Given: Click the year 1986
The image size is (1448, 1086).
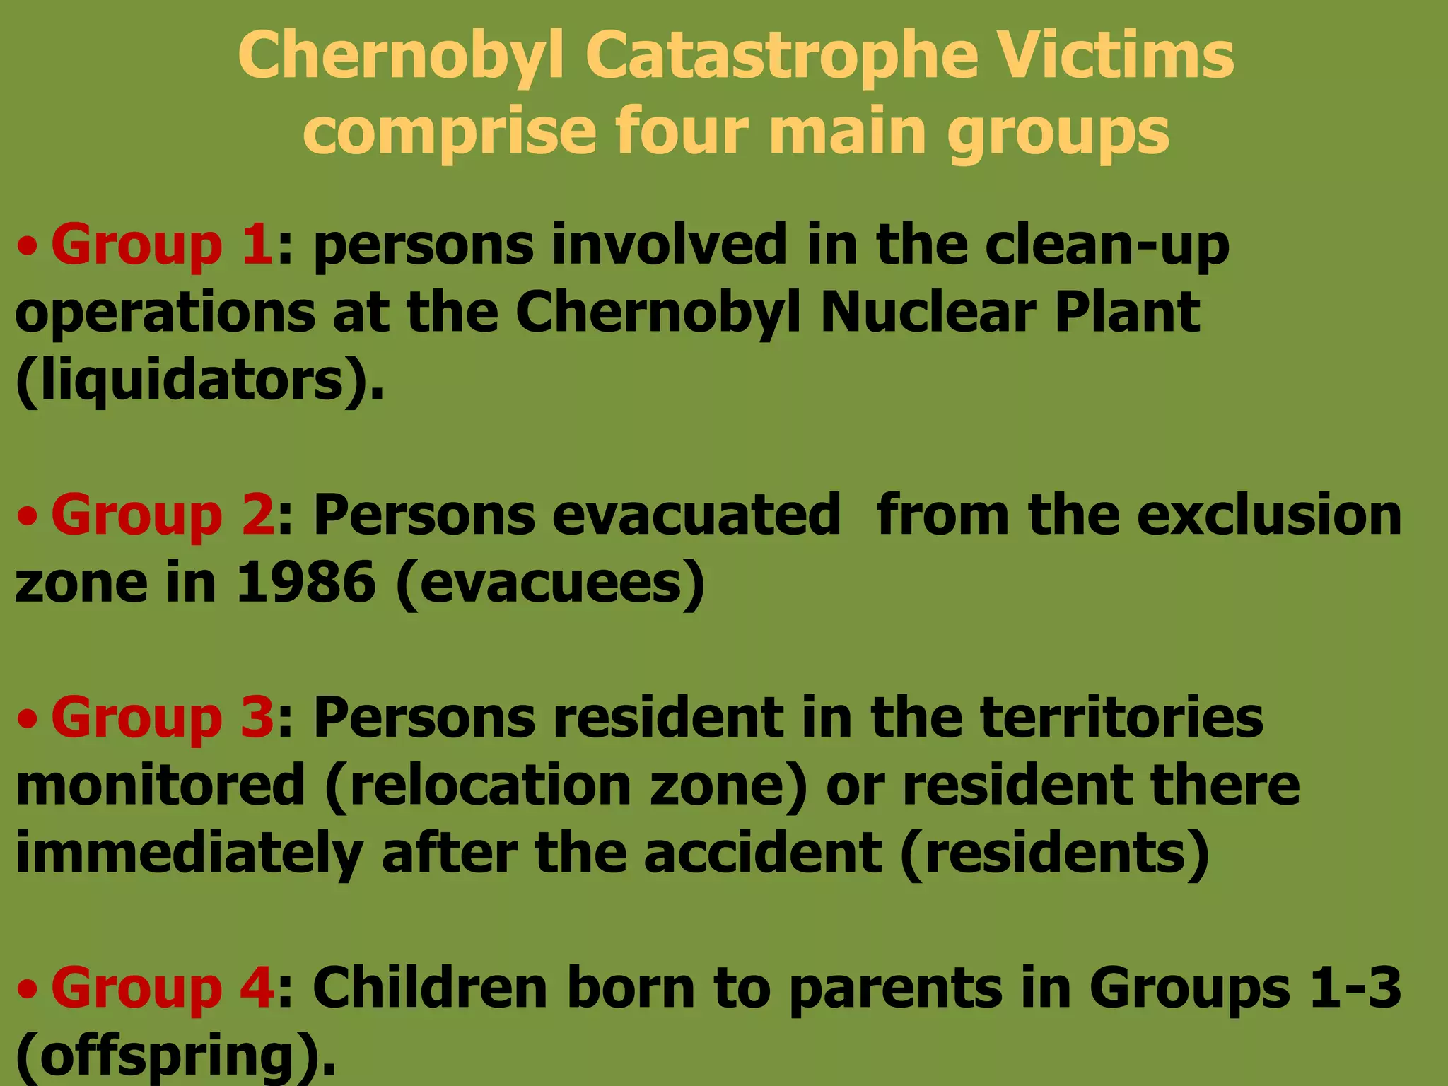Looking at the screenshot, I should coord(305,583).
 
